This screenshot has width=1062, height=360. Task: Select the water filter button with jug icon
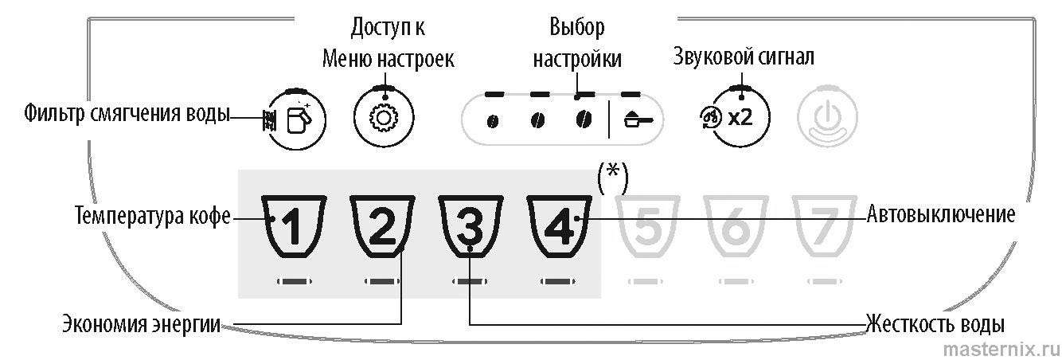(295, 119)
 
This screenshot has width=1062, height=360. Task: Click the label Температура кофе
(153, 216)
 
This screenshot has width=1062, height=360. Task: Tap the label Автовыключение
(940, 215)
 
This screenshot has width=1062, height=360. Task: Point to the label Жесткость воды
(935, 324)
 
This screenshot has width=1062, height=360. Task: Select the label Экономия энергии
(142, 325)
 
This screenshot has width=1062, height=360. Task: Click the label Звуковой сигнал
(744, 57)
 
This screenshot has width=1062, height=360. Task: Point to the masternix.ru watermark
(1001, 348)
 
